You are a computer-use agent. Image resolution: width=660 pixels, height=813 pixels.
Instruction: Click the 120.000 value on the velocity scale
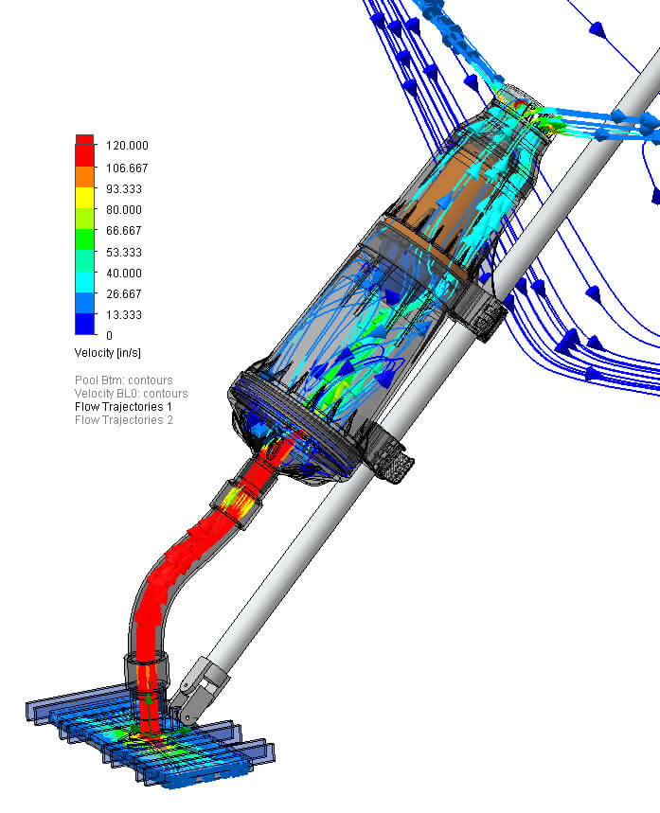pyautogui.click(x=128, y=146)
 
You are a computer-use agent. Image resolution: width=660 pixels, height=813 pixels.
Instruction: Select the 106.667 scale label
pyautogui.click(x=128, y=168)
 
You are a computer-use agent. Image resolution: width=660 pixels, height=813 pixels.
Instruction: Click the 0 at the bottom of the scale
pyautogui.click(x=109, y=335)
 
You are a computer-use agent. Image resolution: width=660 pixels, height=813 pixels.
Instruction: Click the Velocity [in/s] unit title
pyautogui.click(x=108, y=353)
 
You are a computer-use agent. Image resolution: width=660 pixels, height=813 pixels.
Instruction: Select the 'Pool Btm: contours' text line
pyautogui.click(x=123, y=380)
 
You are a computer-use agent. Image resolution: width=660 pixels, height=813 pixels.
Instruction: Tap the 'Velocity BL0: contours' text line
pyautogui.click(x=131, y=393)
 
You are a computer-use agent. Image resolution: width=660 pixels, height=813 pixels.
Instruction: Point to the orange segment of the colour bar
pyautogui.click(x=84, y=176)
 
